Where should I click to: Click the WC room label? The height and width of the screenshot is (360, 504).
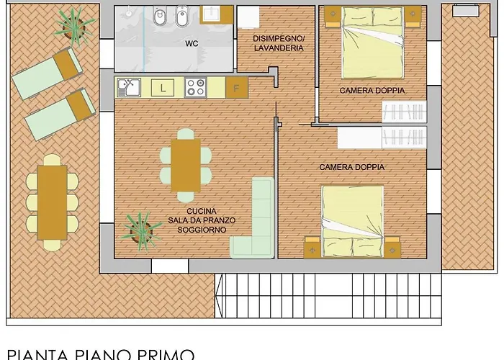coord(192,43)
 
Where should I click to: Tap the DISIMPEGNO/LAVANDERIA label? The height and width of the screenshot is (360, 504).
coord(279,43)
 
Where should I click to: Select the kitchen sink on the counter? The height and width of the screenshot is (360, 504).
coord(129,87)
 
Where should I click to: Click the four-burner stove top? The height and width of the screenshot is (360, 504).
coord(195,87)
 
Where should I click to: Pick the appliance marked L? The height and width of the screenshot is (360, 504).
coord(163,88)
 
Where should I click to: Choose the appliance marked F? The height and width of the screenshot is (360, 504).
coord(237,87)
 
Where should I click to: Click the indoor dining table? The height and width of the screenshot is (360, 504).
coord(186,166)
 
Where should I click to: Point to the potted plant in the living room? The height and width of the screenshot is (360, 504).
coord(141,231)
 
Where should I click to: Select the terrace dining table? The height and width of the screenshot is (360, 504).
coord(52,202)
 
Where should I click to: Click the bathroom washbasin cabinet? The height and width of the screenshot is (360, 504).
coord(216,15)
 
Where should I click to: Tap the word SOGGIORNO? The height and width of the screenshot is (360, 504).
coord(202,230)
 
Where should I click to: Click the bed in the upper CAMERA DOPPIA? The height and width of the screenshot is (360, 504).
coord(372,42)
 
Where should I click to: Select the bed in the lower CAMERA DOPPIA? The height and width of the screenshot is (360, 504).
coord(353,221)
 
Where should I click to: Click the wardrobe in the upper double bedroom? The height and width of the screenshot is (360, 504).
coord(405,112)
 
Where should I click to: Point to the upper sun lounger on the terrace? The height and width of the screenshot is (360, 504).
coord(47,73)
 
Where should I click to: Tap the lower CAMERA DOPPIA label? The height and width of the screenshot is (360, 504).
coord(351,167)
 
